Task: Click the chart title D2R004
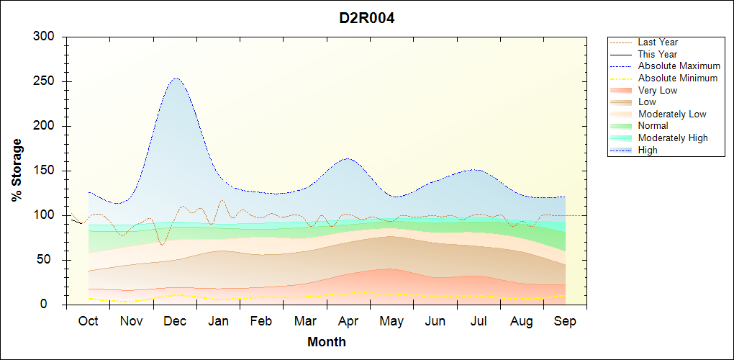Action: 367,18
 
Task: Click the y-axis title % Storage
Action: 17,170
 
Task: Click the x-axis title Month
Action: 326,342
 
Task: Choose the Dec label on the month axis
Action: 175,321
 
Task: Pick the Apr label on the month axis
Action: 348,321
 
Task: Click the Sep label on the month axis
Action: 565,321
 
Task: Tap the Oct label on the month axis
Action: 88,321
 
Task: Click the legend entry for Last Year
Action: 658,42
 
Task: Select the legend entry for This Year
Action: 658,54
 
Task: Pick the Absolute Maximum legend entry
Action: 679,66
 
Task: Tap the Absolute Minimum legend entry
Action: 678,78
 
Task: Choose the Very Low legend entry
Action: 658,90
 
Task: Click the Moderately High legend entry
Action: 673,138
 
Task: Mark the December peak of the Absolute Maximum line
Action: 176,78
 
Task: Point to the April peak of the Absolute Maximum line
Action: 348,158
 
